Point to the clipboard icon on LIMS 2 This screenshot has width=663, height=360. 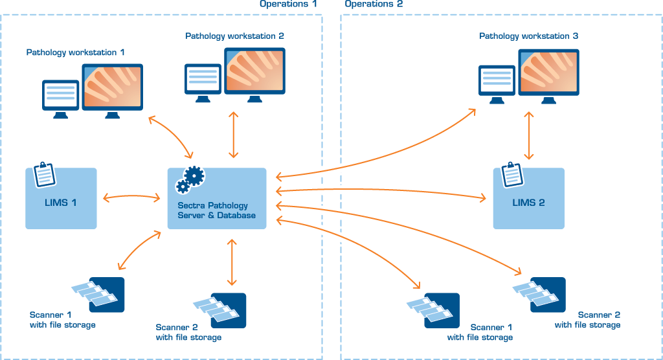coord(511,173)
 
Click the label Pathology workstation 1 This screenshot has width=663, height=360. coord(76,52)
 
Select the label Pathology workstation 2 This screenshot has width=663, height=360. coord(234,36)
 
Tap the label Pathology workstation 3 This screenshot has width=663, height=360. coord(529,36)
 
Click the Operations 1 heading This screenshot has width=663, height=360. coord(289,4)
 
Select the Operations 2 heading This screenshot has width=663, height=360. coord(374,4)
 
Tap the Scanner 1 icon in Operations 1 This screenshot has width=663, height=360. coord(98,295)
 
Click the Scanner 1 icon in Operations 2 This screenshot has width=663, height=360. coord(433,310)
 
